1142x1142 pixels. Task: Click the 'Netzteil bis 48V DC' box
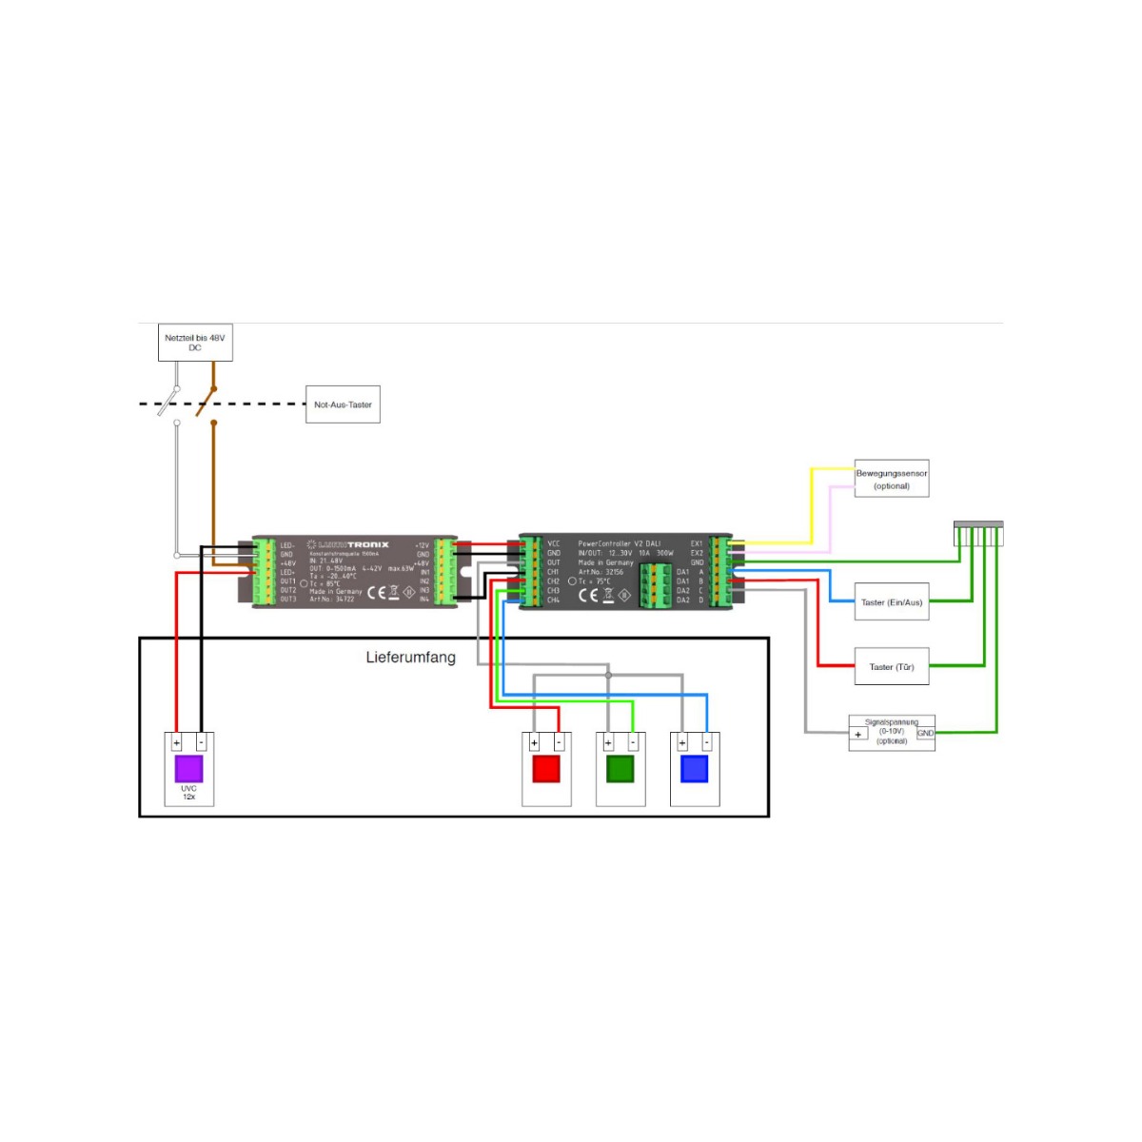coord(195,343)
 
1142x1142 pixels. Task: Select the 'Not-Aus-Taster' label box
coord(343,404)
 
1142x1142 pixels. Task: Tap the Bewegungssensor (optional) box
coord(891,479)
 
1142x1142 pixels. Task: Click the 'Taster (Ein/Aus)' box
coord(892,602)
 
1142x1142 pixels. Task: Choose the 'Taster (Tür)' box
coord(892,667)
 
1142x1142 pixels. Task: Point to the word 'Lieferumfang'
coord(410,658)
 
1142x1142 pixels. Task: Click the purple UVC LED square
coord(188,768)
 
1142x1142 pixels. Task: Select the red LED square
coord(546,768)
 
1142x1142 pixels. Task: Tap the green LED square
coord(620,768)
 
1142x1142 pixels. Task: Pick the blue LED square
coord(695,768)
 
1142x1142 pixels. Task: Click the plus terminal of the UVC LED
coord(177,742)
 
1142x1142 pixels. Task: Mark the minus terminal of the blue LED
coord(707,742)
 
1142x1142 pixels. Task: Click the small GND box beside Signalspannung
coord(925,733)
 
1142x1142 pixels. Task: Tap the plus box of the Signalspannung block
coord(858,734)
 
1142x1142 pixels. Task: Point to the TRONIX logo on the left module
coord(367,545)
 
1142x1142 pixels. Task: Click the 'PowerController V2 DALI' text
coord(619,543)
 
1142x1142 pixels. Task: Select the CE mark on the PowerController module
coord(588,596)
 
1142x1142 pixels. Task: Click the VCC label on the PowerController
coord(554,543)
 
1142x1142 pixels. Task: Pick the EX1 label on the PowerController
coord(697,543)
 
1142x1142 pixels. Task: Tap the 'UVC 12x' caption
coord(188,793)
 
